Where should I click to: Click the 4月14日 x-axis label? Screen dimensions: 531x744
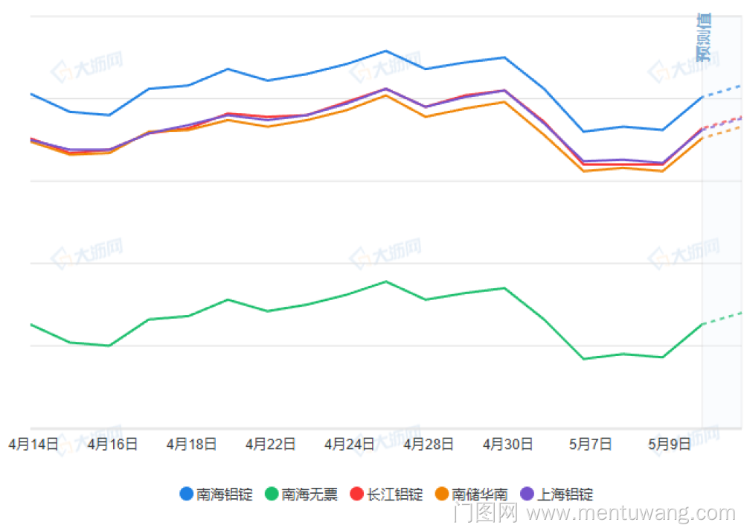click(x=33, y=445)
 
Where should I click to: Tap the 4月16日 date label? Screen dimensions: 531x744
click(x=112, y=445)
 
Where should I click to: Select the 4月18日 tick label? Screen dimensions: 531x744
click(x=191, y=445)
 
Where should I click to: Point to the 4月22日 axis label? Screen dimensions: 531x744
click(x=270, y=445)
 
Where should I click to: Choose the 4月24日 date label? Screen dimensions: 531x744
click(x=350, y=445)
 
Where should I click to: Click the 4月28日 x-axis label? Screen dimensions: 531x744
click(x=429, y=445)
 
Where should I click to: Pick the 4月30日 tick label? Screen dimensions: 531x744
click(x=508, y=445)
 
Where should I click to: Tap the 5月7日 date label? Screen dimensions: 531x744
click(x=591, y=445)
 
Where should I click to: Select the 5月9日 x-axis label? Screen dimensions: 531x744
click(x=670, y=445)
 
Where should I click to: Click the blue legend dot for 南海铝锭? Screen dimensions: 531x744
click(x=187, y=494)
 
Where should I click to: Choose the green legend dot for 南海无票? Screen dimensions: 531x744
click(x=272, y=494)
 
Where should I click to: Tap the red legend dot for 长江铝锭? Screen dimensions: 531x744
click(x=356, y=494)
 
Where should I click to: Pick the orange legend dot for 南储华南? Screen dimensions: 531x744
click(x=442, y=494)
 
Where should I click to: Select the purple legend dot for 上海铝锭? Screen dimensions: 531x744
click(x=527, y=494)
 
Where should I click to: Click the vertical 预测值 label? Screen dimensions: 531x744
click(x=703, y=37)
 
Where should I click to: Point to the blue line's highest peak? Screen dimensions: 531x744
click(x=385, y=51)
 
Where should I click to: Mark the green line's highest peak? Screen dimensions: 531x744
click(x=385, y=282)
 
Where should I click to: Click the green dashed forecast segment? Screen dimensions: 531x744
click(x=722, y=318)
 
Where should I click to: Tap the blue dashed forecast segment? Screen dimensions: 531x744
click(x=722, y=91)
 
